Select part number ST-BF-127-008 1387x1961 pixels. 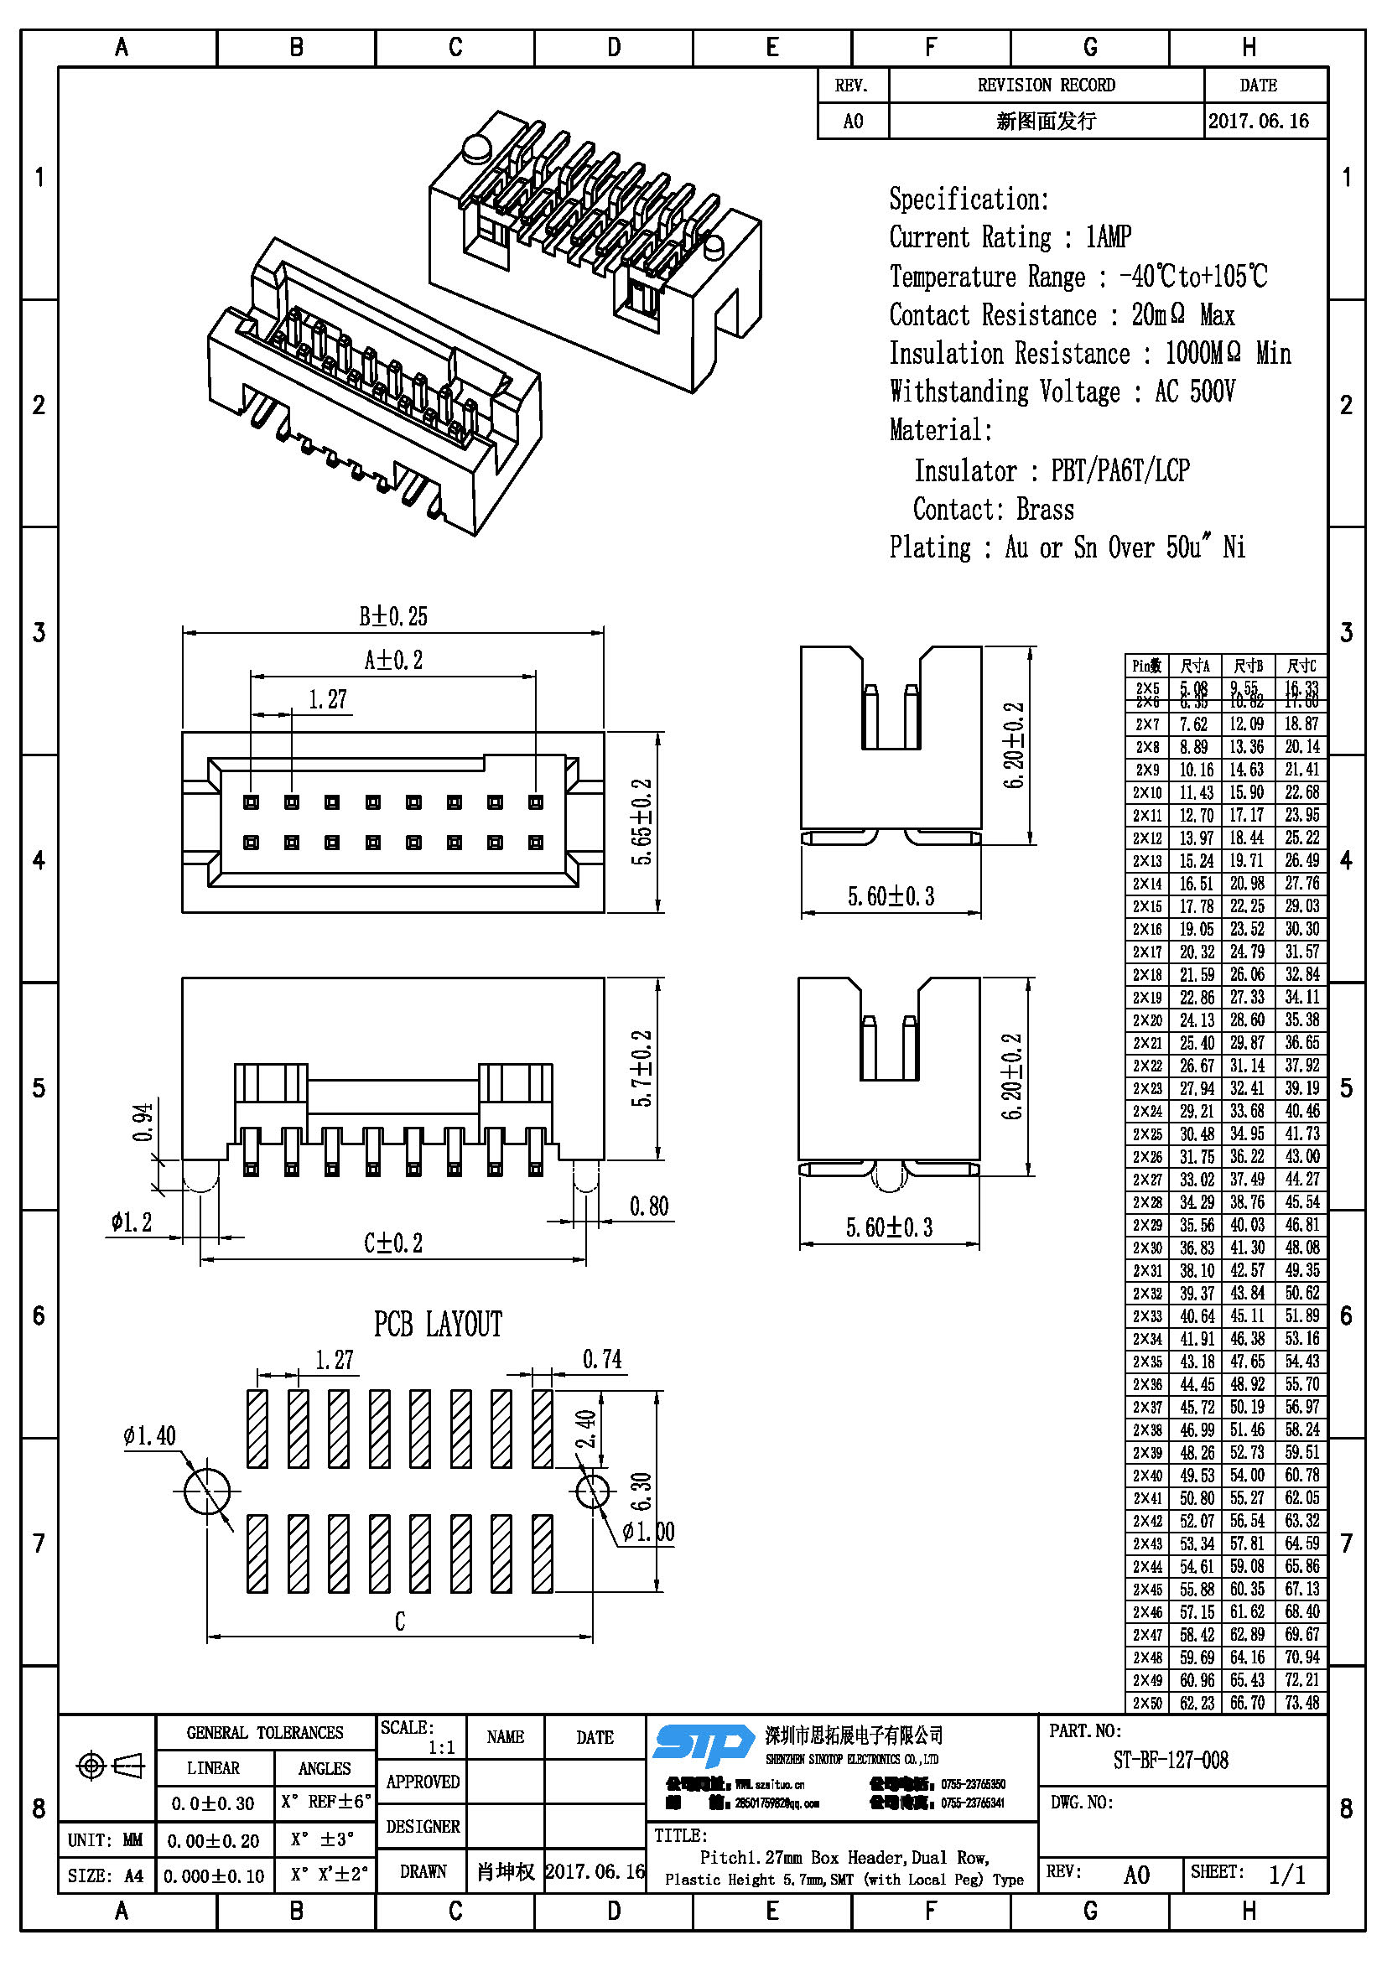[1170, 1760]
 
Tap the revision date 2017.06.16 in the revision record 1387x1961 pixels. [1258, 122]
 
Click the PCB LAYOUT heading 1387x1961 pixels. [437, 1325]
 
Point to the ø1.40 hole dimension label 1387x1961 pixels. [149, 1435]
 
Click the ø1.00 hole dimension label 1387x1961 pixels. [648, 1532]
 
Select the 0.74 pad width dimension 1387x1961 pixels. [602, 1359]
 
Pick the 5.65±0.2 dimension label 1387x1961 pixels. [642, 822]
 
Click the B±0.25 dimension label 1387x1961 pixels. [392, 616]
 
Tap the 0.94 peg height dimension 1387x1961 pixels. [143, 1122]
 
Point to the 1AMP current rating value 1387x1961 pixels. [1108, 236]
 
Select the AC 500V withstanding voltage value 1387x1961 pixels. [1194, 392]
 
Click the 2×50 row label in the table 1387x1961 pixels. [1147, 1703]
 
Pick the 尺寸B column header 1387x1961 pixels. [1248, 666]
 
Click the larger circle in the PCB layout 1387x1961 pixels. [207, 1492]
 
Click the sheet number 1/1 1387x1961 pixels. [1286, 1875]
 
